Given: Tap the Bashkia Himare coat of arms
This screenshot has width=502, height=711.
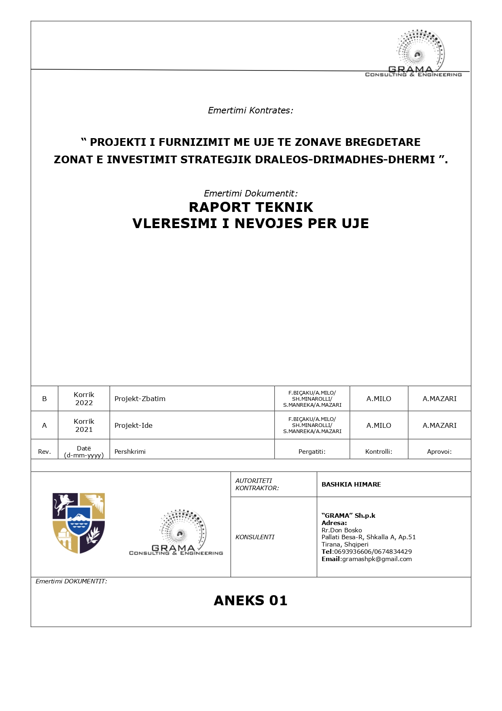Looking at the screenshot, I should (x=78, y=523).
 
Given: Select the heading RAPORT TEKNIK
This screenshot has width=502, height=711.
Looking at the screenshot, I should (x=251, y=207).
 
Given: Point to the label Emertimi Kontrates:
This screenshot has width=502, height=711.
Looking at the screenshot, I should (x=250, y=110).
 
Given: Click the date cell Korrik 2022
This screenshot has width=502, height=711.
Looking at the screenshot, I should (x=84, y=399).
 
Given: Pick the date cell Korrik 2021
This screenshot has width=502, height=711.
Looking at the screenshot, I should (x=84, y=425).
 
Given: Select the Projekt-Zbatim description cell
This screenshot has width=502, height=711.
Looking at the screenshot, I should (x=140, y=399).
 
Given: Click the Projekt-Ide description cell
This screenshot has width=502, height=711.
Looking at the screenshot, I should (x=133, y=425).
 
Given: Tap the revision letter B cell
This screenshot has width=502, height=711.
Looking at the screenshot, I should (x=44, y=399).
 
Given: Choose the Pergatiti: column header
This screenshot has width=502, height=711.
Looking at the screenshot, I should (x=312, y=451).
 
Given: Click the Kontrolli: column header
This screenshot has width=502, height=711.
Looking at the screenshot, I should (x=379, y=451).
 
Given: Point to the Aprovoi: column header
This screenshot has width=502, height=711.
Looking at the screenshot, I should (x=439, y=451).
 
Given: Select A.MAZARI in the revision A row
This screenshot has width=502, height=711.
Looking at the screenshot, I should (x=439, y=425).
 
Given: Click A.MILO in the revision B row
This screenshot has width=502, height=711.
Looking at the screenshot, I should (x=379, y=399).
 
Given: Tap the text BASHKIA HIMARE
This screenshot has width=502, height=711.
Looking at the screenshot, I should (x=351, y=484).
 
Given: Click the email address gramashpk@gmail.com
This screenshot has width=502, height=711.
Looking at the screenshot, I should (x=377, y=559).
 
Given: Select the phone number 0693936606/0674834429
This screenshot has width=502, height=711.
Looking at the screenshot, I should (x=373, y=552).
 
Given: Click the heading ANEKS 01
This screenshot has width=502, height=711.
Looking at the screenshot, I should (x=250, y=600).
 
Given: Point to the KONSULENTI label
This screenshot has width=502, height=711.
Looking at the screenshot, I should (x=255, y=537).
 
